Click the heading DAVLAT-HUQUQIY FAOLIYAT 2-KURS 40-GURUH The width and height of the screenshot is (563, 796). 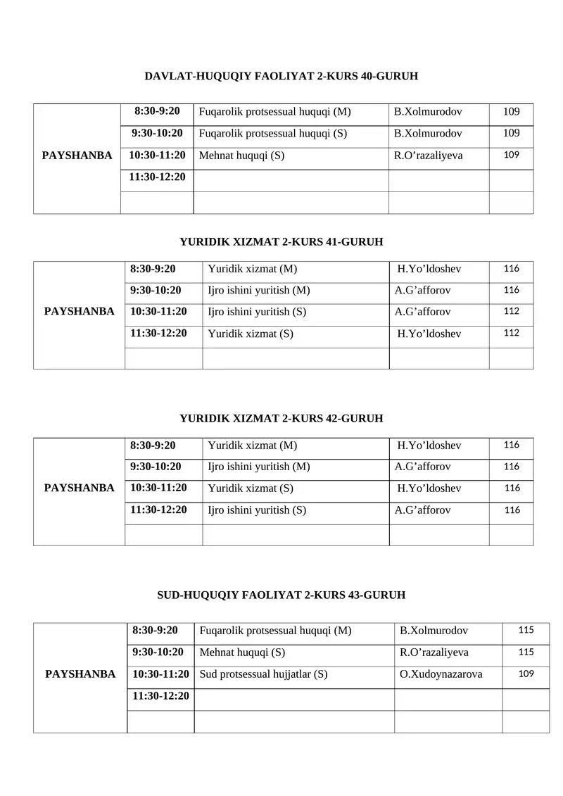[x=281, y=75]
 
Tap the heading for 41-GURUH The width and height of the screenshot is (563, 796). [x=281, y=241]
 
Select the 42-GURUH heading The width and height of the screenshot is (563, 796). [x=281, y=418]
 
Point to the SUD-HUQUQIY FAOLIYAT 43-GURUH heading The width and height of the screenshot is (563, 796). [x=281, y=595]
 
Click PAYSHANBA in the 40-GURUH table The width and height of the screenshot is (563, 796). [x=77, y=156]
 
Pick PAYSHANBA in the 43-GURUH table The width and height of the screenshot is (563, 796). [x=80, y=674]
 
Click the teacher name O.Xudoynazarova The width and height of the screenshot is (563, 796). [x=441, y=674]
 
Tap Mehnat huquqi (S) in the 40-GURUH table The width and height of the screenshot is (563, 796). [x=242, y=156]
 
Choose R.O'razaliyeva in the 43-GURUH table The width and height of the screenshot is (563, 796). [x=434, y=652]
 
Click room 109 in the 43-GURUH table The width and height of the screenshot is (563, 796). [x=526, y=674]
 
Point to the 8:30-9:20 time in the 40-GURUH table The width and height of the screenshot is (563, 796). [x=157, y=111]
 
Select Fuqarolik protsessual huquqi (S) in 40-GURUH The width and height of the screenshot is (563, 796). [x=273, y=133]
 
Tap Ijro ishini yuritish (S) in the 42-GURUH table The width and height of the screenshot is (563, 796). [x=257, y=510]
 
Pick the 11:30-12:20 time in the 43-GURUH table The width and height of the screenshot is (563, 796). [x=161, y=696]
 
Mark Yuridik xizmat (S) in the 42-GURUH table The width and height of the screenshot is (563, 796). [x=251, y=488]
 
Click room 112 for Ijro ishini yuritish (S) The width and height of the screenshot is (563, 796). [x=512, y=312]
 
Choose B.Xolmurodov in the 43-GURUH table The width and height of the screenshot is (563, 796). [x=434, y=631]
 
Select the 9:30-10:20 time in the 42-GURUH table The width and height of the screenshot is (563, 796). [x=156, y=466]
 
